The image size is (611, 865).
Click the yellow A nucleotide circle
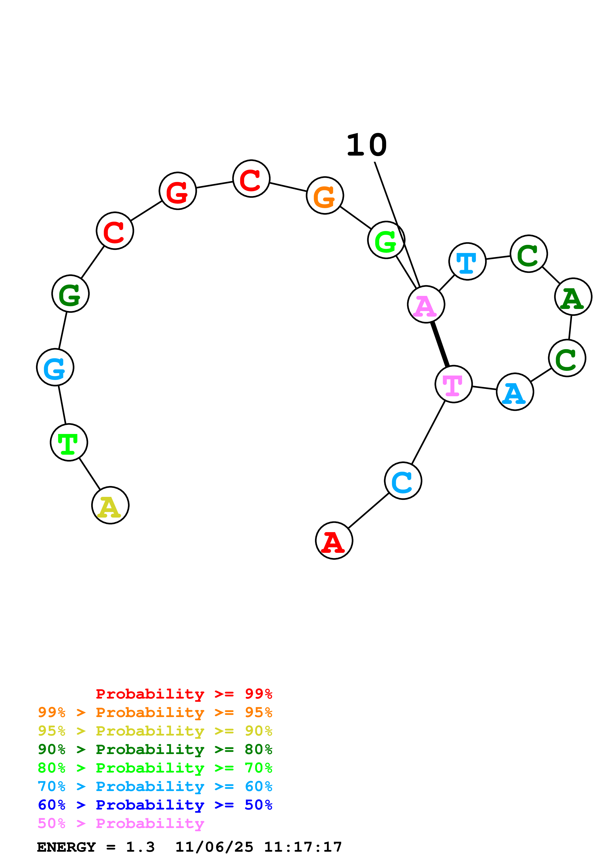110,505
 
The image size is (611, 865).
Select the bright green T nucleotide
69,442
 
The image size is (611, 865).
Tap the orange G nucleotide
325,196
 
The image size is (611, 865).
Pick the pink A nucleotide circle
426,305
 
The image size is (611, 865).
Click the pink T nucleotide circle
454,384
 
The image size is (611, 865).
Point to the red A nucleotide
334,541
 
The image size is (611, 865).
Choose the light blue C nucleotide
403,481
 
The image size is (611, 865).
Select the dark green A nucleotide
573,297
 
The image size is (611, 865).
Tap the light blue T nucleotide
468,261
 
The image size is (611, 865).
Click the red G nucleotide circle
178,191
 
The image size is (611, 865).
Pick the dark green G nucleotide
70,293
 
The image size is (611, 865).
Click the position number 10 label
367,145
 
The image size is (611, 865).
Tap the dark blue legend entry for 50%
155,805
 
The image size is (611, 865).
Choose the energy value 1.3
140,847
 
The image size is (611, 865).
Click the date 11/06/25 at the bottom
214,847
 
